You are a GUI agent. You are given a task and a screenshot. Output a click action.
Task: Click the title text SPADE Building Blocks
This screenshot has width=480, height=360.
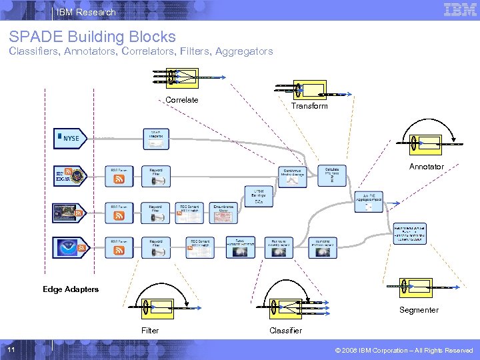93,37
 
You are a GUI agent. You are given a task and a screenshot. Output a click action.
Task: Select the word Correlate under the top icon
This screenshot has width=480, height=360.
181,100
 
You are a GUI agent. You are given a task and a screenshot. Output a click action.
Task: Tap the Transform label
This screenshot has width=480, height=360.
309,106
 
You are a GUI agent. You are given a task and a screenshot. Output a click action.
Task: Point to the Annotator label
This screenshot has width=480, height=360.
426,166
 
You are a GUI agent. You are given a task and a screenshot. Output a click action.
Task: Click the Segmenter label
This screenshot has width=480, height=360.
419,310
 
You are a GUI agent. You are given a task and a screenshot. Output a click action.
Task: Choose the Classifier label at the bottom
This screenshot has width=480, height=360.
285,331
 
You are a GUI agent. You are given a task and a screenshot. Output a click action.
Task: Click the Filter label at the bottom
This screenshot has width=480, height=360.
150,331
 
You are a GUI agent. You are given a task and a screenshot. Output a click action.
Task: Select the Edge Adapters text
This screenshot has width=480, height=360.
71,289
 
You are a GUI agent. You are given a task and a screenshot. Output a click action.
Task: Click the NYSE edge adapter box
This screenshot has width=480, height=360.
70,139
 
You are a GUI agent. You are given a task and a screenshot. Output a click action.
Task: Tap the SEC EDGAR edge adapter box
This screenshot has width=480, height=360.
70,176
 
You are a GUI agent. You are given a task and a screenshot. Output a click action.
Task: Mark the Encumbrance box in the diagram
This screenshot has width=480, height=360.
223,212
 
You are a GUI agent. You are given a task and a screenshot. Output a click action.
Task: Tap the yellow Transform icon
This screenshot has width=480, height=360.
309,89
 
